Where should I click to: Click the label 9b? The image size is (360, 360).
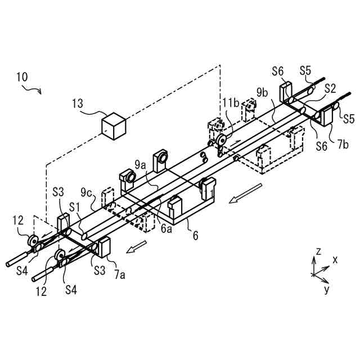[262, 91]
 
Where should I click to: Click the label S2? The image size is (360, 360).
[330, 89]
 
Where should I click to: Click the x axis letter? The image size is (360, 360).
[335, 260]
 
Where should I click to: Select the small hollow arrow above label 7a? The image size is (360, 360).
[137, 246]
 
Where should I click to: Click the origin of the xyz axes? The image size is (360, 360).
[313, 274]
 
